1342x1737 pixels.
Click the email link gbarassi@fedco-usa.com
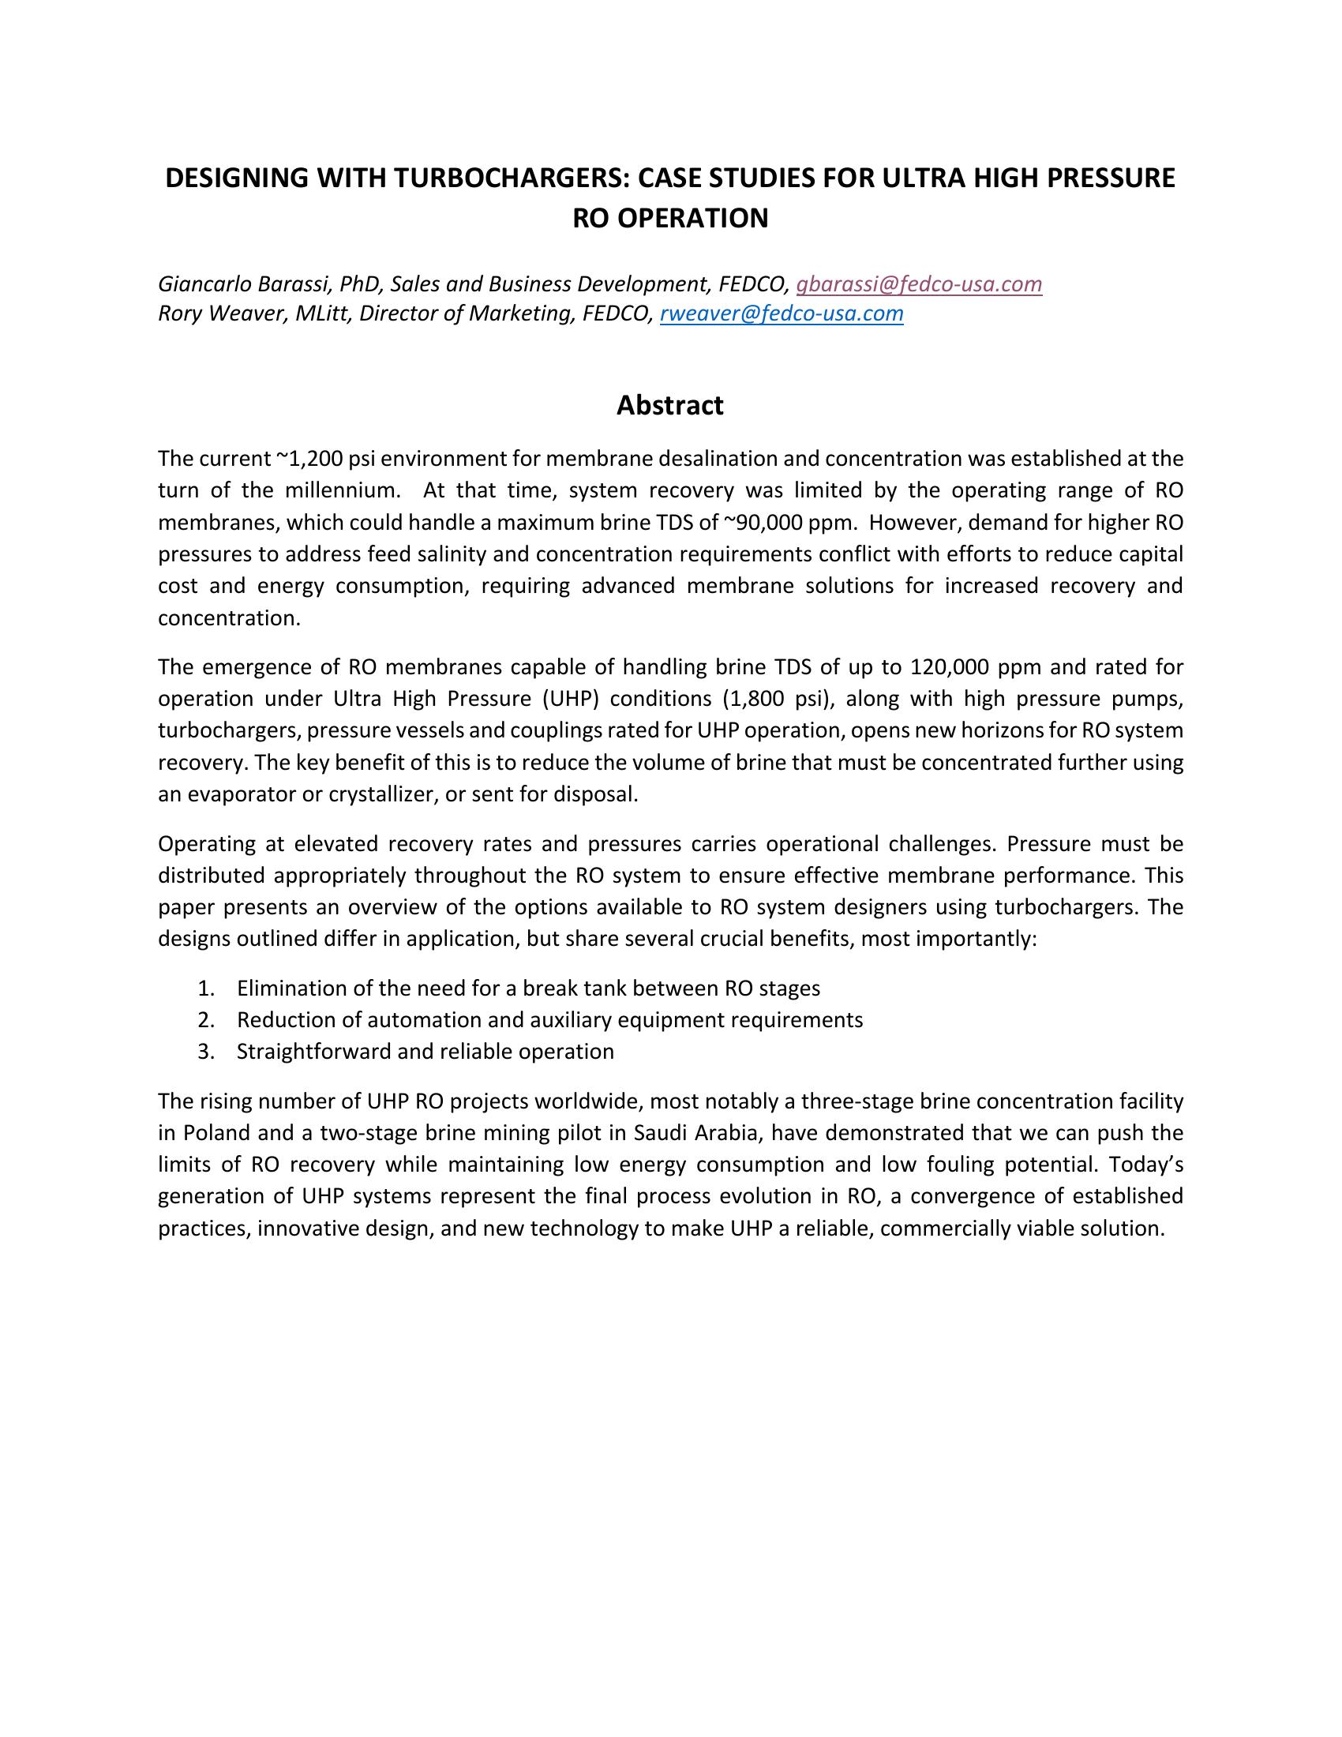(919, 284)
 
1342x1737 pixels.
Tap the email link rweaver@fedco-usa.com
(782, 313)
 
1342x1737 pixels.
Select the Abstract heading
(670, 406)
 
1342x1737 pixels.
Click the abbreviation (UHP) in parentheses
(570, 698)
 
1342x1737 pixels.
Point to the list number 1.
(207, 989)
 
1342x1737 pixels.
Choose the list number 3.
(207, 1052)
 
